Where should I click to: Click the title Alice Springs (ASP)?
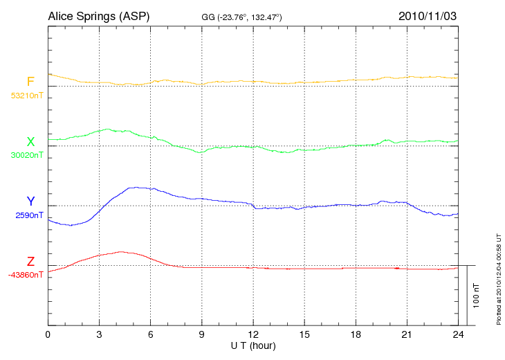[98, 15]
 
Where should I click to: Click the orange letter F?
[30, 82]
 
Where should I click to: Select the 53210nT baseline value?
[27, 96]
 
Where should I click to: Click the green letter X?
[30, 142]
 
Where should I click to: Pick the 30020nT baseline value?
[27, 155]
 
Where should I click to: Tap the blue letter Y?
[30, 201]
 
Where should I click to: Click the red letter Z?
[30, 262]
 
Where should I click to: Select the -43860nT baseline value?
[26, 275]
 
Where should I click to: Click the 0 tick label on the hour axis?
[48, 335]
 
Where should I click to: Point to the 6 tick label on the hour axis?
[150, 335]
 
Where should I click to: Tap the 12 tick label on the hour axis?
[252, 335]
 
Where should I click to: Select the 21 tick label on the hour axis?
[406, 335]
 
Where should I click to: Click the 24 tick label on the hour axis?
[457, 335]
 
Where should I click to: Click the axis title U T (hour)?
[252, 345]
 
